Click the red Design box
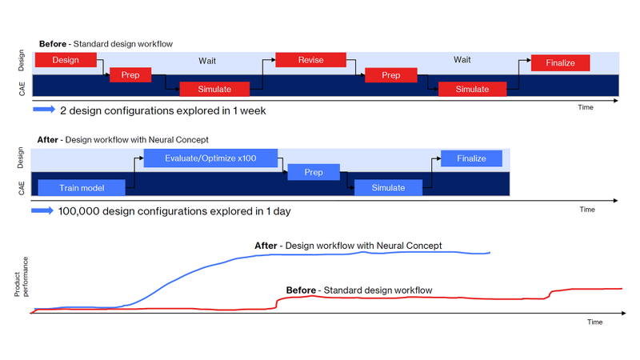[x=66, y=60]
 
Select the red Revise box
[x=310, y=60]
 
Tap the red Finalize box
[x=560, y=62]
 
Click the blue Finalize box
[x=471, y=158]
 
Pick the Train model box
[x=81, y=188]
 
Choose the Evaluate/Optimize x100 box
[x=210, y=158]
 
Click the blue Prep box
[x=313, y=172]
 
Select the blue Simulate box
[x=387, y=188]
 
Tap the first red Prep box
[x=130, y=75]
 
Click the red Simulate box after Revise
[x=472, y=89]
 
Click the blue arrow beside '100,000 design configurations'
[x=42, y=211]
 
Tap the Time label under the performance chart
[x=594, y=322]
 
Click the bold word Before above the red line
[x=300, y=290]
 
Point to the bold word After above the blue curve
[x=266, y=246]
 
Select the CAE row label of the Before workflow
[x=23, y=88]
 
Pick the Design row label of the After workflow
[x=22, y=158]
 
